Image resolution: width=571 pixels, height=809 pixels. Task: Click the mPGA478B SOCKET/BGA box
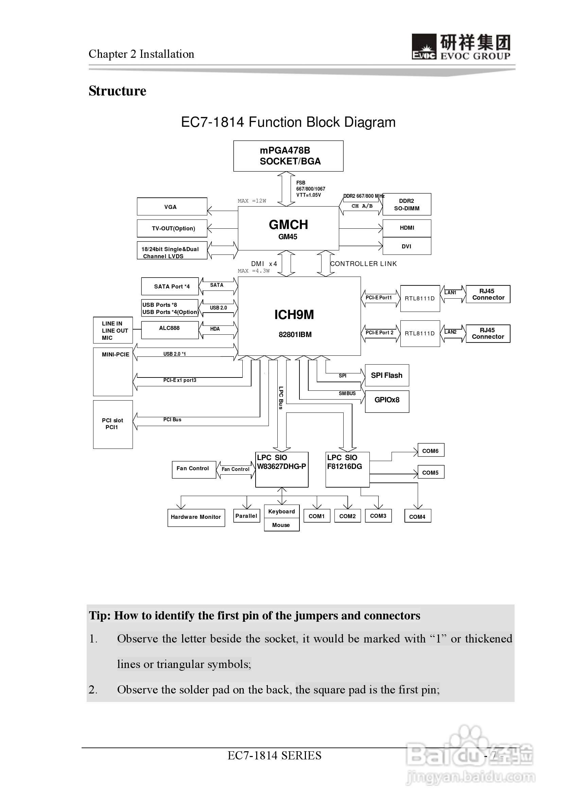[x=288, y=156]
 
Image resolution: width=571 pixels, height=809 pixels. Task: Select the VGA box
[x=172, y=207]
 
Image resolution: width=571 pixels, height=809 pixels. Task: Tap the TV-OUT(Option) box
[x=172, y=228]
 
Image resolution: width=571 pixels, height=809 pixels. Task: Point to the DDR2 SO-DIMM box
[x=406, y=204]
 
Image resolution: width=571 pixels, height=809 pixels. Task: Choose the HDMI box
[x=406, y=228]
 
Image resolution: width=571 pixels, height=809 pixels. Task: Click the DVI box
[x=406, y=246]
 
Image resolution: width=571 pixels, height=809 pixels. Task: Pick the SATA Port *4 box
[x=170, y=286]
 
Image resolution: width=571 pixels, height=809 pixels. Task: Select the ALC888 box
[x=170, y=330]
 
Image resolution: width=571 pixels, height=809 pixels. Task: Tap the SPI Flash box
[x=387, y=375]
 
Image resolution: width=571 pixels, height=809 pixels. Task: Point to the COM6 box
[x=430, y=450]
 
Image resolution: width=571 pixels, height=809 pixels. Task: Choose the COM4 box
[x=417, y=516]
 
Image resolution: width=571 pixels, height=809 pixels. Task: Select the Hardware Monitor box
[x=196, y=517]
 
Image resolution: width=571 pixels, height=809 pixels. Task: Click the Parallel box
[x=246, y=516]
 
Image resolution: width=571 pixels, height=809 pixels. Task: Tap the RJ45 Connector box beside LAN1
[x=488, y=294]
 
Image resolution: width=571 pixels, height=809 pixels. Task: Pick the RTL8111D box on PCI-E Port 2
[x=420, y=333]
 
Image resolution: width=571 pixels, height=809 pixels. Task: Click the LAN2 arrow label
[x=450, y=332]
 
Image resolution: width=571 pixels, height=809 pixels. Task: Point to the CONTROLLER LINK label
[x=363, y=264]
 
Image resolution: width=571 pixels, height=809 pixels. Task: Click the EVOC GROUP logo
[x=461, y=47]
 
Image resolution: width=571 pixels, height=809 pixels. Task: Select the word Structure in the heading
[x=117, y=91]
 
